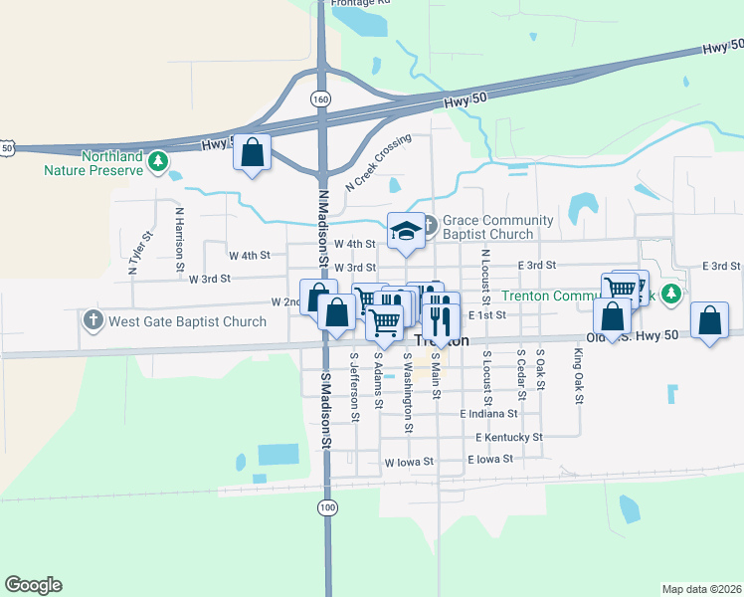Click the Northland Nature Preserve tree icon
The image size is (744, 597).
coord(157,160)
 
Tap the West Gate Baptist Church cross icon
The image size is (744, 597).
coord(93,321)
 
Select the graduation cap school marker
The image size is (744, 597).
coord(404,231)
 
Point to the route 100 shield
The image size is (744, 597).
coord(327,507)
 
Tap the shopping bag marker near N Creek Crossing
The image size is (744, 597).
coord(253,152)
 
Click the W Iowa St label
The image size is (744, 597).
coord(409,463)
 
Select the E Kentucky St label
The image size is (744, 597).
coord(508,437)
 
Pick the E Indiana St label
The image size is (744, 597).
coord(488,413)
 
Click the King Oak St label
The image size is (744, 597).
coord(578,375)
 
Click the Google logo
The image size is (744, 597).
coord(33,585)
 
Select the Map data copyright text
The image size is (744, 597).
coord(700,589)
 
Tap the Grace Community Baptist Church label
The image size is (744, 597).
coord(497,227)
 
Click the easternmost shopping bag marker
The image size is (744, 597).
coord(708,321)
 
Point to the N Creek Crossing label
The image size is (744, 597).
coord(378,164)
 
